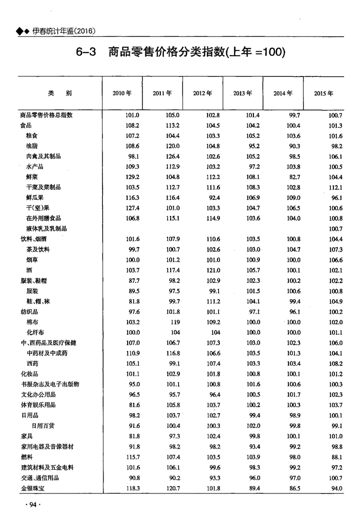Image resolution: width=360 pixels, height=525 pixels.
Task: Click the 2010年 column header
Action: [122, 93]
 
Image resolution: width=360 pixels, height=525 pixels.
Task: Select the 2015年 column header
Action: [324, 93]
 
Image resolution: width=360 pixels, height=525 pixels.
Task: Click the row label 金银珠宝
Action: [32, 489]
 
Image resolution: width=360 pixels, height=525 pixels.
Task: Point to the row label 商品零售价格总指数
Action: [46, 115]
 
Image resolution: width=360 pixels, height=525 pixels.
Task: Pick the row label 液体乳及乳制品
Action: [46, 229]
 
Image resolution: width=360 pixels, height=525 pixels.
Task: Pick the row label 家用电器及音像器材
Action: [47, 447]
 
